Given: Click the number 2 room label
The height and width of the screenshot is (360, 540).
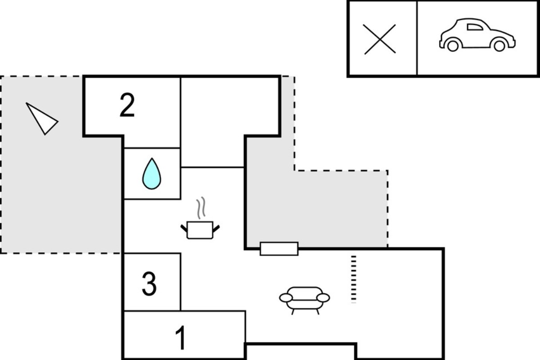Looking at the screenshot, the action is [127, 105].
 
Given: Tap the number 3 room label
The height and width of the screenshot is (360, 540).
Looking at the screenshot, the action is [149, 283].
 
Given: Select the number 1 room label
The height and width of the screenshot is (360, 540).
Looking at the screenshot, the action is [181, 337].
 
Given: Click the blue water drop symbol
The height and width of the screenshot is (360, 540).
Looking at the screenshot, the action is [152, 174].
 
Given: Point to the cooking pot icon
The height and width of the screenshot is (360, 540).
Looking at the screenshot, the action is [200, 230].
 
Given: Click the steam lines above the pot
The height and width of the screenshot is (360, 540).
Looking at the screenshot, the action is [201, 207].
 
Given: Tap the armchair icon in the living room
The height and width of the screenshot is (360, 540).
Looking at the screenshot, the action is [305, 301].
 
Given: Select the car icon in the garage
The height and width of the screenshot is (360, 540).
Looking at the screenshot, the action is [477, 35].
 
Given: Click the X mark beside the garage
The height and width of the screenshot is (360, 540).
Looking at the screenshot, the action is [380, 39].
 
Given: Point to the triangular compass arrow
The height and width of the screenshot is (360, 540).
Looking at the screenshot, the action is [42, 119].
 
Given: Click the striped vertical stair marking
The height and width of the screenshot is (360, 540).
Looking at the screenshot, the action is [354, 279].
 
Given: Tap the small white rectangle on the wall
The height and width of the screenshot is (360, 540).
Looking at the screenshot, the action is [279, 248].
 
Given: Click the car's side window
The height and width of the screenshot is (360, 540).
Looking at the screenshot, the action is [475, 27].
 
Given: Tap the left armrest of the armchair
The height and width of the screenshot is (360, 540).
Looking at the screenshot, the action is [286, 298].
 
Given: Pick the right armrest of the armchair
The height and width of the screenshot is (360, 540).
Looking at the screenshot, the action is [323, 298].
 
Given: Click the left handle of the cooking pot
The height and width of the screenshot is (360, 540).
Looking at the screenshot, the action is [184, 228].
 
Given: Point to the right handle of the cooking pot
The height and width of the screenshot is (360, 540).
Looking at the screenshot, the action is [216, 229].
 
